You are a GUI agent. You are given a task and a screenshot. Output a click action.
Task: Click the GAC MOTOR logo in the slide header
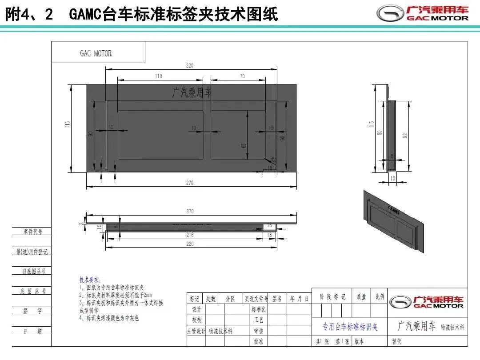click(423, 13)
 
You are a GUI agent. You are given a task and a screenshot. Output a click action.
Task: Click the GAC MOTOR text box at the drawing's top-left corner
click(96, 53)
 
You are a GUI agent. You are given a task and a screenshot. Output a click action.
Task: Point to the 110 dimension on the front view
click(159, 76)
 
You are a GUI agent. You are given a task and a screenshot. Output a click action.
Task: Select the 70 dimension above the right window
click(242, 76)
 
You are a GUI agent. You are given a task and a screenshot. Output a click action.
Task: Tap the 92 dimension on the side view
click(405, 136)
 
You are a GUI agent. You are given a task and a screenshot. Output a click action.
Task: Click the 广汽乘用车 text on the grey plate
click(192, 92)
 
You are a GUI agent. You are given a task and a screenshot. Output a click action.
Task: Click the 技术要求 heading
click(90, 280)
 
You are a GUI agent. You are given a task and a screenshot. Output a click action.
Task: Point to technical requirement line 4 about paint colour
click(109, 318)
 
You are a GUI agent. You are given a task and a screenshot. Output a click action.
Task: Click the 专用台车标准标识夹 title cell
click(350, 327)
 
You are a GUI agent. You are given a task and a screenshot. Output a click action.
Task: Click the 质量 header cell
click(361, 297)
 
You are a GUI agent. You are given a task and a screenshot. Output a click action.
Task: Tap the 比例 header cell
click(380, 297)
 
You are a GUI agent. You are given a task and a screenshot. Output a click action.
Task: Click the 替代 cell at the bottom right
click(396, 341)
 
